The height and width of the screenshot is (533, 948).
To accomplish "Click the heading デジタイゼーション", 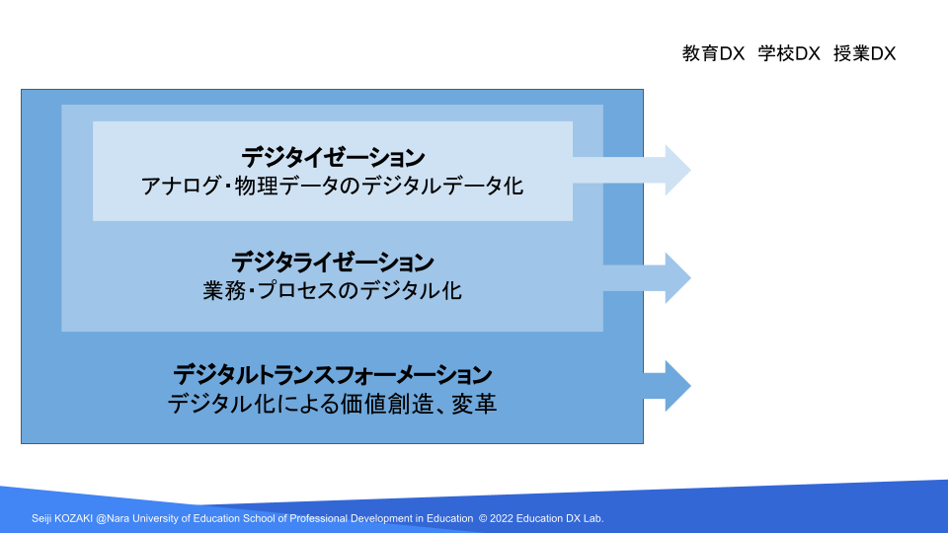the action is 333,158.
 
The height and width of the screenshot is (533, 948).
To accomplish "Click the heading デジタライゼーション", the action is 333,263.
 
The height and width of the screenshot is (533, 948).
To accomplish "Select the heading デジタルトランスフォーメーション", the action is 333,375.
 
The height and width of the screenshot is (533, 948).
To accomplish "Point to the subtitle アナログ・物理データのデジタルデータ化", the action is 333,187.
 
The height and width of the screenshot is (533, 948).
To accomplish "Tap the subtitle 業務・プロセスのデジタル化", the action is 333,290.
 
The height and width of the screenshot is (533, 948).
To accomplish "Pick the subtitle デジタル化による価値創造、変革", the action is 333,404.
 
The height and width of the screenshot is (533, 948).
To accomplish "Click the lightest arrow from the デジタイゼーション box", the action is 632,170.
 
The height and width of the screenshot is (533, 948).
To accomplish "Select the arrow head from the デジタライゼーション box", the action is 677,278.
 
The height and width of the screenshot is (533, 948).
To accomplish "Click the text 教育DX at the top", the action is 713,53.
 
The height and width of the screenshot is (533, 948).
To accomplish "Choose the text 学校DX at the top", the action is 789,53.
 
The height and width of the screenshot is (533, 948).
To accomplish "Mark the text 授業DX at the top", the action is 865,53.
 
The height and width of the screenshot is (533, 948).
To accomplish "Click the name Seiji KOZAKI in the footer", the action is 62,518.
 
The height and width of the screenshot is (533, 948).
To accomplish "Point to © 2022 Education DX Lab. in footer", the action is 541,518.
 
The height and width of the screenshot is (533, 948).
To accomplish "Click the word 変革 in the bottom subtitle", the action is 475,404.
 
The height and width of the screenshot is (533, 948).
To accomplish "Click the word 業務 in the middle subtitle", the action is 225,290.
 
